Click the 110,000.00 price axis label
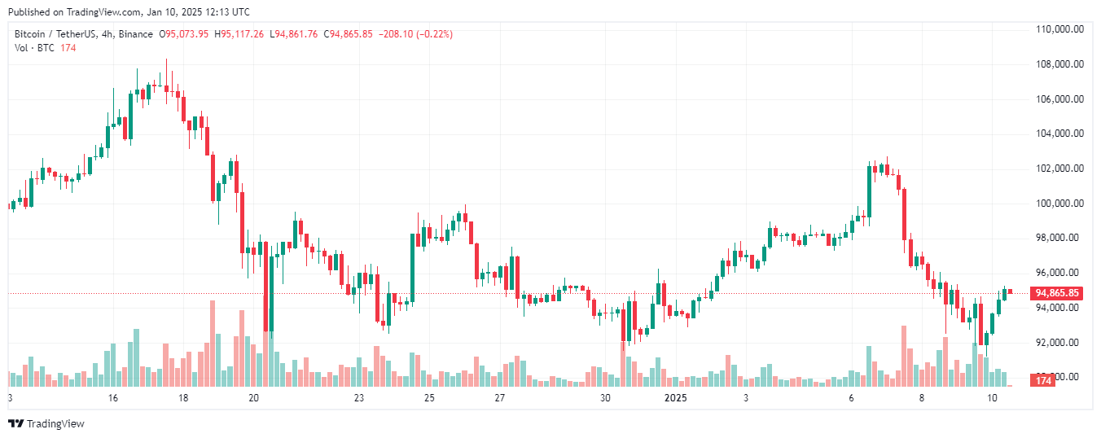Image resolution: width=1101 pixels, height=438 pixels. point(1059,29)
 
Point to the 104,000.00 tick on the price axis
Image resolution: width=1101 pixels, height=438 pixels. point(1059,134)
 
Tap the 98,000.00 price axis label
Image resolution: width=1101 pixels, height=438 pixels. point(1059,238)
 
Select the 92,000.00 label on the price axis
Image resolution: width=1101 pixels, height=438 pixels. point(1059,342)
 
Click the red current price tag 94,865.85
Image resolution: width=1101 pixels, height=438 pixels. point(1056,293)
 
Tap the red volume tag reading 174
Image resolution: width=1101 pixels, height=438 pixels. point(1043,380)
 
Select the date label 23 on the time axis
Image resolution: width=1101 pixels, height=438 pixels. point(359,398)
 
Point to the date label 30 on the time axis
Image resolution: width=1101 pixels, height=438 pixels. point(605,398)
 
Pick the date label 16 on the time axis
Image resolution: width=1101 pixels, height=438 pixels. point(112,398)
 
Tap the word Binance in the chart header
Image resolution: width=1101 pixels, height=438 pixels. point(136,34)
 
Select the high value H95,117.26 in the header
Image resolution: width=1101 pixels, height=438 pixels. point(239,34)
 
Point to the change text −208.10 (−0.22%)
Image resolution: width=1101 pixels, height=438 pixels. point(415,34)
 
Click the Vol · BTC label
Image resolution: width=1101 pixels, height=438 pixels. point(35,48)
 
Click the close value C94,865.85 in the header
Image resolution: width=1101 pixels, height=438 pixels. point(349,34)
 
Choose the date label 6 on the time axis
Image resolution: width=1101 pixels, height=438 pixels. point(851,398)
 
